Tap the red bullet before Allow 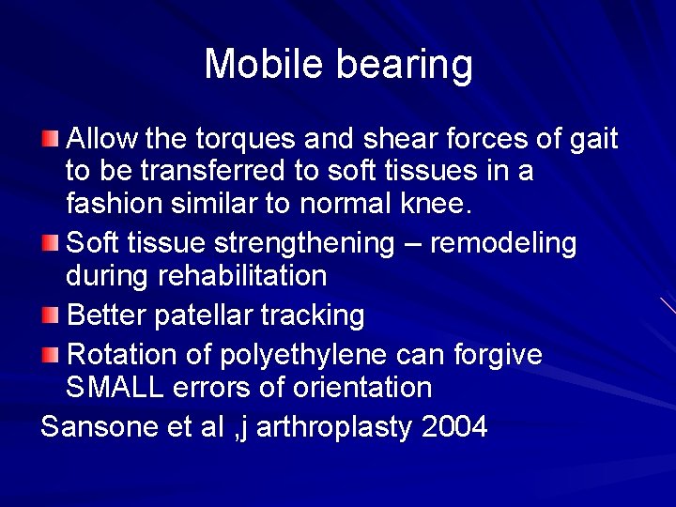coord(50,140)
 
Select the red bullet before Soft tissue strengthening coord(50,243)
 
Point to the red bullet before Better coord(50,314)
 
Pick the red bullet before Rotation coord(50,355)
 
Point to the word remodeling coord(503,244)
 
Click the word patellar coord(192,315)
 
